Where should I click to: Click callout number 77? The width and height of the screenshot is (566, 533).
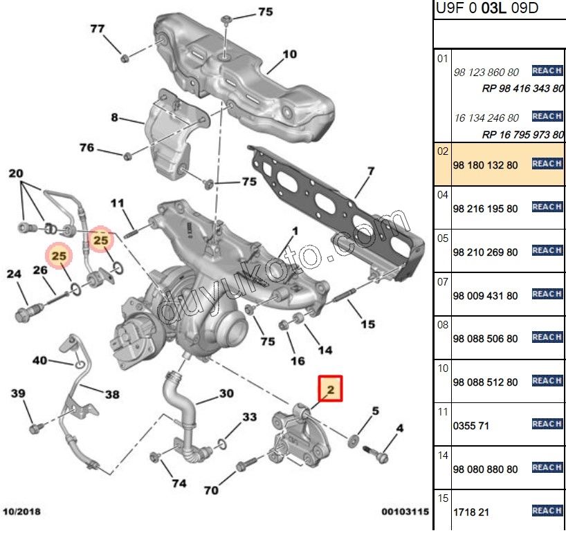[98, 28]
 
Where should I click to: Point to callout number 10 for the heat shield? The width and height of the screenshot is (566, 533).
[289, 54]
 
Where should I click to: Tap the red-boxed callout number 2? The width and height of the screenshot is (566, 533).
[331, 391]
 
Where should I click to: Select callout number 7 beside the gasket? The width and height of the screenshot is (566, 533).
[371, 171]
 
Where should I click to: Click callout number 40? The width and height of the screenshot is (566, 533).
[40, 360]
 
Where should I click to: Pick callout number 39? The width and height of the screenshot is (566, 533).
[18, 393]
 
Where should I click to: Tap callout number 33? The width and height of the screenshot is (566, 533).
[249, 418]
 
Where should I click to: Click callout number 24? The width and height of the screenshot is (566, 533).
[15, 274]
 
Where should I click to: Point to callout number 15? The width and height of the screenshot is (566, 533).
[368, 324]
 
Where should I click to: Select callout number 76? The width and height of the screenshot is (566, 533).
[86, 147]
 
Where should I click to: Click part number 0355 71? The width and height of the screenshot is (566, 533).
[471, 425]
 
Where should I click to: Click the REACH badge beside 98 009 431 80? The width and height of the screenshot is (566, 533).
[547, 294]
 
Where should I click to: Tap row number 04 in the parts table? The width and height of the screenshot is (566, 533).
[443, 196]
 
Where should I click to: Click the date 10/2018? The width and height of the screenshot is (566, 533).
[21, 512]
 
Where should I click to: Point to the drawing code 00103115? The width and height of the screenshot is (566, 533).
[405, 512]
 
